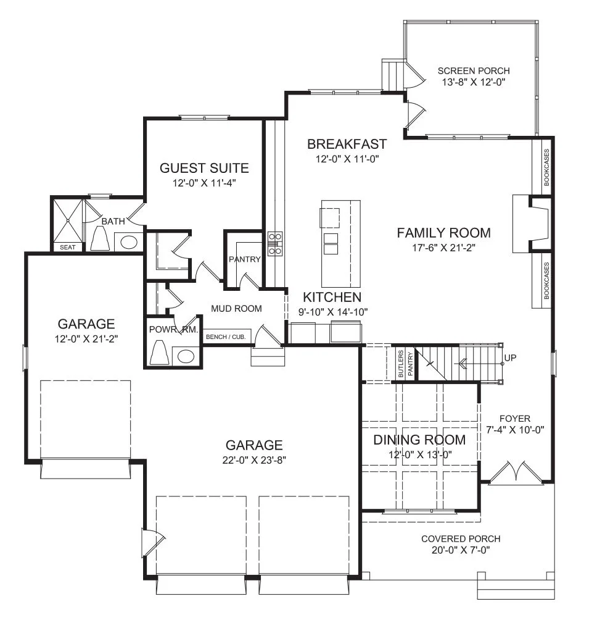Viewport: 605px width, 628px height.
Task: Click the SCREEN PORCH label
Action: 474,71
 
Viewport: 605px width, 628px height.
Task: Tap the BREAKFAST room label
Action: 347,144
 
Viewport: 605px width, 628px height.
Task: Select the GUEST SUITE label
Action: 204,168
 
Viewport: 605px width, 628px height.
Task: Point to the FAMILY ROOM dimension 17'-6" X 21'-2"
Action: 443,248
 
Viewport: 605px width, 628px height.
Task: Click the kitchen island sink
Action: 331,243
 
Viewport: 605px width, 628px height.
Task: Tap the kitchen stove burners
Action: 275,243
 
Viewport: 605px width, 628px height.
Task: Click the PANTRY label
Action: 244,259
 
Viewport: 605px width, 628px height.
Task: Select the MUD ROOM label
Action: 236,308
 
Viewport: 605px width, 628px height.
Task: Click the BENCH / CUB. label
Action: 226,337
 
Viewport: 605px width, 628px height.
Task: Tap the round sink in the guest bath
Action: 129,242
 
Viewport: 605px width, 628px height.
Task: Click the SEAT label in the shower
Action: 68,247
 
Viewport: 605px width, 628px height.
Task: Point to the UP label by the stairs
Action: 510,358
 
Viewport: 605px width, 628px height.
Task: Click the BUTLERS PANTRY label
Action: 405,364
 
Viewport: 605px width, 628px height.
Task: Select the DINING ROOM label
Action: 419,440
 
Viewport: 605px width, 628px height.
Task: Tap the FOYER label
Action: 515,419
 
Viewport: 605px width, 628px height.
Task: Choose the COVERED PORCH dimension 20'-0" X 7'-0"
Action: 461,550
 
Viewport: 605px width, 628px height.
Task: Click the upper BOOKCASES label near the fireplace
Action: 546,167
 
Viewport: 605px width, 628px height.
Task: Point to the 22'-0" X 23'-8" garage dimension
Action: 254,460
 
